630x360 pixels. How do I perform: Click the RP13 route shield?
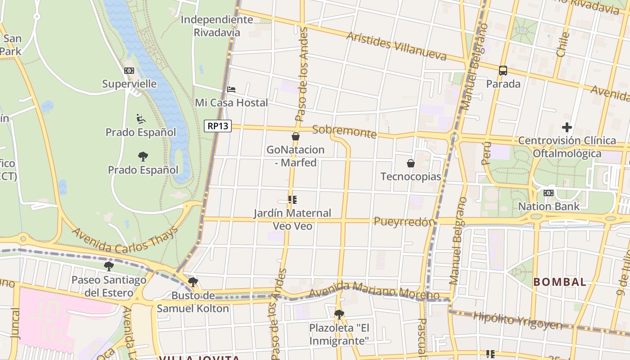(x=218, y=126)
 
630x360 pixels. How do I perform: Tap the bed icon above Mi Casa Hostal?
(x=231, y=89)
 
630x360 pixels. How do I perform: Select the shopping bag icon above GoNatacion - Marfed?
(x=296, y=136)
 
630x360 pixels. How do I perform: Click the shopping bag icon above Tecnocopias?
(x=410, y=163)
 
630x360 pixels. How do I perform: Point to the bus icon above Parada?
(x=503, y=70)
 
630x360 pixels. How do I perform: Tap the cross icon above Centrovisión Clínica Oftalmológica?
(x=567, y=127)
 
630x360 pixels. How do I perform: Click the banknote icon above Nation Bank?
(x=549, y=193)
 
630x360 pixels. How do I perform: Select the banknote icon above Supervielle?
(x=129, y=71)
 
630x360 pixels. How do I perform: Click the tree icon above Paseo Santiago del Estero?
(x=109, y=266)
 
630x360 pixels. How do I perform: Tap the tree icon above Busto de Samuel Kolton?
(x=193, y=282)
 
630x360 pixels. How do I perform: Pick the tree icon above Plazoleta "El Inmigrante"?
(x=339, y=314)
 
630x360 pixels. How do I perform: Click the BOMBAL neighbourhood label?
(x=559, y=282)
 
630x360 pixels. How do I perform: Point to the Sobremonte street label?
(x=344, y=132)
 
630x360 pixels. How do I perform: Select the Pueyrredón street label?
(x=405, y=221)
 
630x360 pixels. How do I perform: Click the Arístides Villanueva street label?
(x=396, y=46)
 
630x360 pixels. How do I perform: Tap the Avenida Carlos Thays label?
(x=125, y=240)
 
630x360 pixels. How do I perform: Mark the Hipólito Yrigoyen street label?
(x=517, y=320)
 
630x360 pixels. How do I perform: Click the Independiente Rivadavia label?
(x=217, y=26)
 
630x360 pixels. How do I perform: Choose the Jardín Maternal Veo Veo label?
(x=292, y=219)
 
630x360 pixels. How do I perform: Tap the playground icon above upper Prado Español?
(x=141, y=119)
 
